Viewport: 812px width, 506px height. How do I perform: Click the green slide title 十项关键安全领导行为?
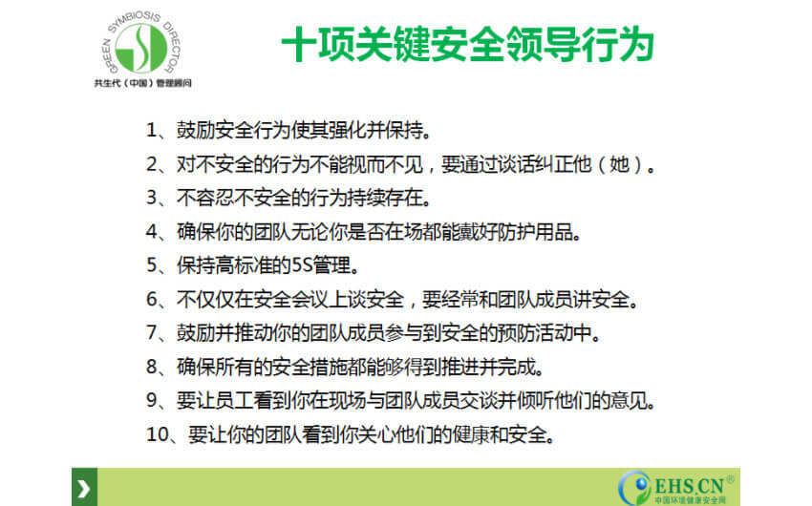(468, 45)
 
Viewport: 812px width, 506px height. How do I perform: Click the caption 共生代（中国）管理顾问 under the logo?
(143, 83)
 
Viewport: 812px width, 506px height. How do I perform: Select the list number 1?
(151, 131)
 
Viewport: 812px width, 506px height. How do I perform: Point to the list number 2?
(152, 164)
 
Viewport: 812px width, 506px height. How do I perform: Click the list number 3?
(152, 199)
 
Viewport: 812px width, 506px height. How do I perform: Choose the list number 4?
(152, 232)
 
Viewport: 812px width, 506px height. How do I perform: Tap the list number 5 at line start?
(152, 265)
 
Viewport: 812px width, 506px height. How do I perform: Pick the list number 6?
(152, 299)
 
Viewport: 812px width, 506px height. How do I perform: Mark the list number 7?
(152, 332)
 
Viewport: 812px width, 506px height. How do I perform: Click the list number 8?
(152, 367)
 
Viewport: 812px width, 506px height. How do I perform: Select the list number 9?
(152, 400)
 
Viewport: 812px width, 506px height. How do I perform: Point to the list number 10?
(158, 434)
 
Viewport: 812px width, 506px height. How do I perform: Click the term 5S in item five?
(301, 265)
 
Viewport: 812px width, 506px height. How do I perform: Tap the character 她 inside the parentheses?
(619, 164)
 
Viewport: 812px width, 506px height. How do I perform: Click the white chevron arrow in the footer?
(84, 489)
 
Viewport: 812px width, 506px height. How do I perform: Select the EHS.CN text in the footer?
(689, 486)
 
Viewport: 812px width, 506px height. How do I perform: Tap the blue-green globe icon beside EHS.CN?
(637, 487)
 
